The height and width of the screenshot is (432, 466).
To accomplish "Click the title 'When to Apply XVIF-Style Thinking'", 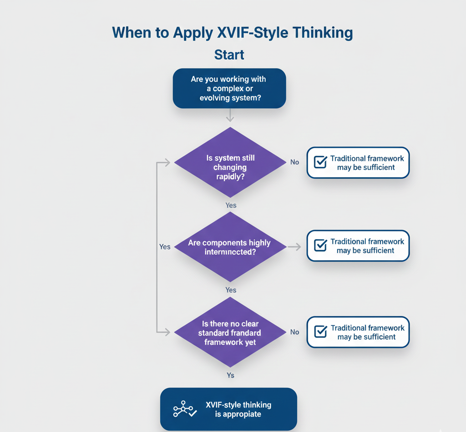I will tap(232, 33).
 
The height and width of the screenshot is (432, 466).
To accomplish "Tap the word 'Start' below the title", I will tap(229, 55).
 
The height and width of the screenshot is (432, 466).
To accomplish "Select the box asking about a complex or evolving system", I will tap(229, 88).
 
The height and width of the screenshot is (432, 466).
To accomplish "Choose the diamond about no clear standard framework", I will tap(230, 333).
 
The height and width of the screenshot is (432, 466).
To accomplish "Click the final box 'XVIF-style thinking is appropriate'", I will tap(228, 409).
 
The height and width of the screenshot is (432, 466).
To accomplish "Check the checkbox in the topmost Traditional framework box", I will tap(320, 162).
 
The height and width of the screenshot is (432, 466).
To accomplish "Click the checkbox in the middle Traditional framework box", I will tap(320, 246).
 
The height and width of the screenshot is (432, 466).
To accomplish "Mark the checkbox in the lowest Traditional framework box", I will tap(320, 332).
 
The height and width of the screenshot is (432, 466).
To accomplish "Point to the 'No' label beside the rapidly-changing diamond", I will tap(294, 162).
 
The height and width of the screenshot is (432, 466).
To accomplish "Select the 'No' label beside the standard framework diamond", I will tap(294, 332).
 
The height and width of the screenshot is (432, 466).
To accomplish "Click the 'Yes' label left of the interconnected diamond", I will tap(165, 246).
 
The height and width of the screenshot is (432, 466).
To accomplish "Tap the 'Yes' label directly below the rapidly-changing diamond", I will tap(231, 205).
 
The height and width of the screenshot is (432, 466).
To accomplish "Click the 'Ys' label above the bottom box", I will tap(231, 375).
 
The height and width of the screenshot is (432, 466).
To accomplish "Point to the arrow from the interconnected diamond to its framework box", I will tap(295, 246).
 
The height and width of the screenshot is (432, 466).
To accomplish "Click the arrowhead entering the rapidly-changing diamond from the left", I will tap(167, 162).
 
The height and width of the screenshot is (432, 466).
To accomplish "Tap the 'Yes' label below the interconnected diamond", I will tap(231, 290).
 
